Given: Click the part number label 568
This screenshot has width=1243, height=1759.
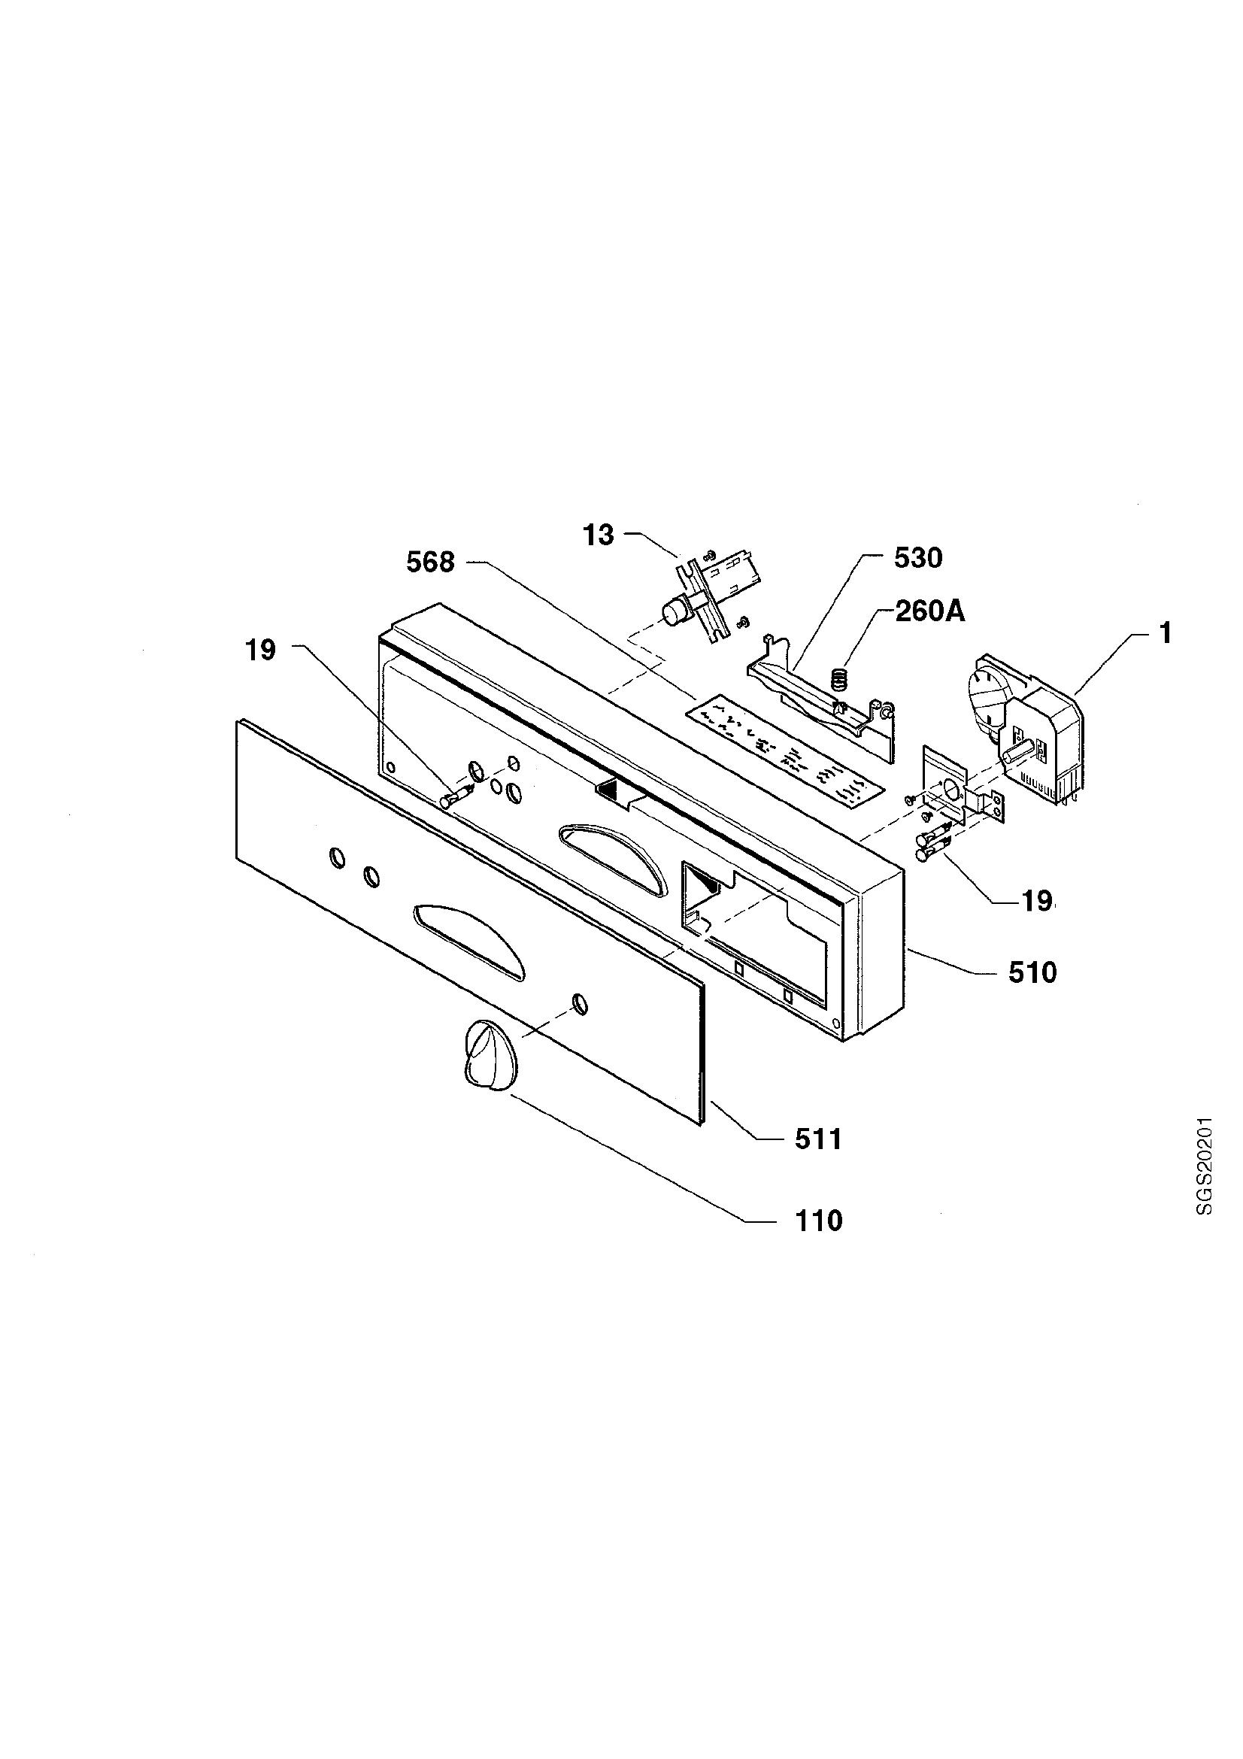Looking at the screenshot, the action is click(430, 563).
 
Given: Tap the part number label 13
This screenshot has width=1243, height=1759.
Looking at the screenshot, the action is click(599, 535).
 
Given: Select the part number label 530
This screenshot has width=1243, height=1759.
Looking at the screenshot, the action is click(917, 559).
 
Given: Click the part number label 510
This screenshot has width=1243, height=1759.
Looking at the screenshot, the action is click(1032, 973).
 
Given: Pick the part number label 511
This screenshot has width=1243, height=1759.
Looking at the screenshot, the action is click(818, 1140).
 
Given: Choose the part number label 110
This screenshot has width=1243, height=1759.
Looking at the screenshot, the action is click(818, 1221).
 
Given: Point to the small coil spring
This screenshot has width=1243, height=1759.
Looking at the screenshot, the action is click(839, 678).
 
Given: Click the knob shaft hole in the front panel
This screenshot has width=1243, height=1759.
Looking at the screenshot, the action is click(580, 1004).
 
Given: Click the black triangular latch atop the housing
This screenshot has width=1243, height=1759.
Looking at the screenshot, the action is click(611, 789).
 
